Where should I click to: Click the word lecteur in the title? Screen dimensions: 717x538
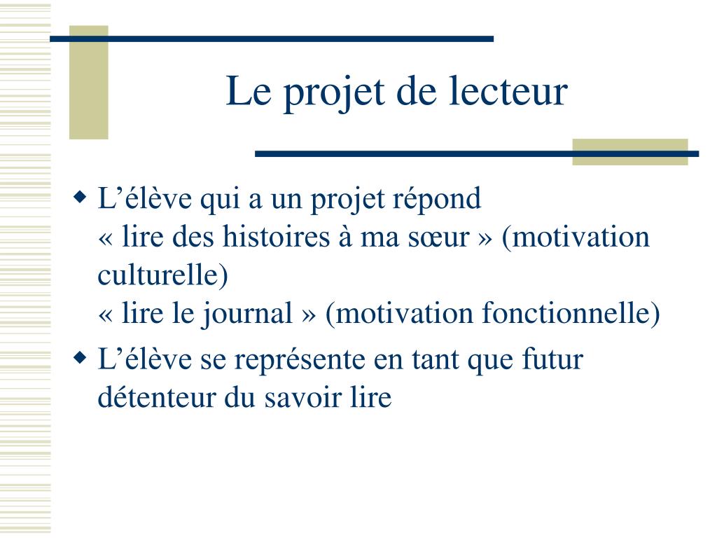[508, 91]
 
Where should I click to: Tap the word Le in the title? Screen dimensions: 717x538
[249, 91]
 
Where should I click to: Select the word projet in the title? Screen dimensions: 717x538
[333, 94]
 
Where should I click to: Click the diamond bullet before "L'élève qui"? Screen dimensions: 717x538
[80, 198]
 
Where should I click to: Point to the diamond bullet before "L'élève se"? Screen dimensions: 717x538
[80, 358]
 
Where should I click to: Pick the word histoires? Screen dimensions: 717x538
[276, 237]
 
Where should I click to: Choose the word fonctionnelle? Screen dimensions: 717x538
[565, 313]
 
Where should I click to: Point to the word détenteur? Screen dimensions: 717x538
[157, 396]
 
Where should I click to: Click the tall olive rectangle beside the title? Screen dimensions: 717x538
[89, 83]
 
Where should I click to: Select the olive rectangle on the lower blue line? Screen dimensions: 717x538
[630, 152]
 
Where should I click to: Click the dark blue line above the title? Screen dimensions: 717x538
[272, 39]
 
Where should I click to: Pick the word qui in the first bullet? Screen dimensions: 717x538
[220, 200]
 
